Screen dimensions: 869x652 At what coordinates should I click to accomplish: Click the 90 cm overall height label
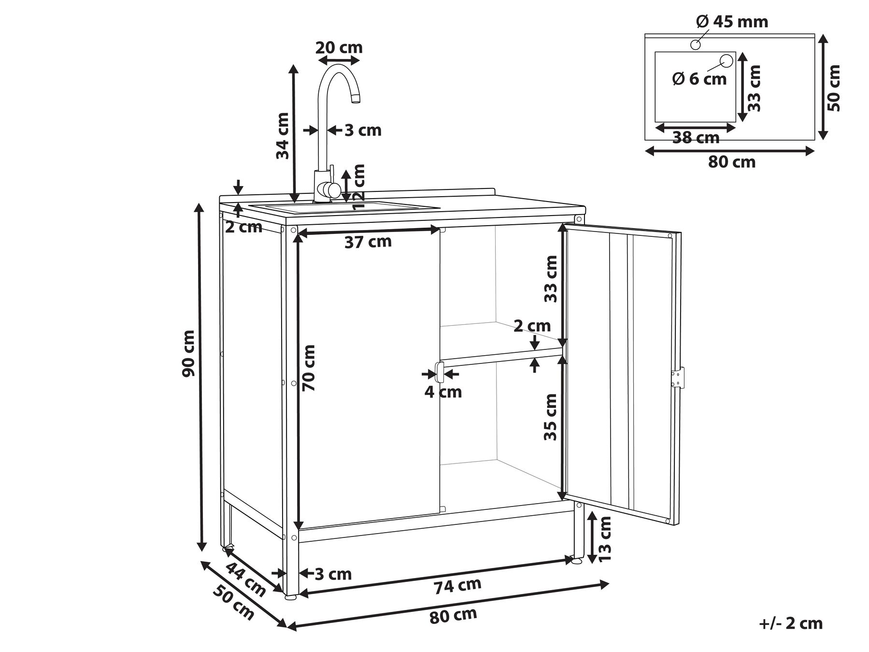tap(188, 353)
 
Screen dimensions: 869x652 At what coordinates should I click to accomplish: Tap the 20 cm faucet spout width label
tap(339, 48)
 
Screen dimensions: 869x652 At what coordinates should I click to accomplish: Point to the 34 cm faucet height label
tap(283, 136)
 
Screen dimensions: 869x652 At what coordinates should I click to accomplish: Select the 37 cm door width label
tap(368, 242)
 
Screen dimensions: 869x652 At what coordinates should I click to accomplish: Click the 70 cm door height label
tap(308, 368)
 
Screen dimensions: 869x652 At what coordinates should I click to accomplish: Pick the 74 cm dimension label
tap(457, 586)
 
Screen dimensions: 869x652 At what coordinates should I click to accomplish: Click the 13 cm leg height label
tap(604, 538)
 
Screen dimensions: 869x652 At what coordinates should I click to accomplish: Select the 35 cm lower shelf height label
tap(551, 417)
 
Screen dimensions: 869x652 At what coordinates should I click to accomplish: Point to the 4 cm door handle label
tap(443, 391)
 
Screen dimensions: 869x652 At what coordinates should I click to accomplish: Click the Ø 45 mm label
tap(732, 22)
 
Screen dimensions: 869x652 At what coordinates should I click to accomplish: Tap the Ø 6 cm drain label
tap(699, 79)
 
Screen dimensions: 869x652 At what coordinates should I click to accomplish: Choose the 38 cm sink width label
tap(696, 138)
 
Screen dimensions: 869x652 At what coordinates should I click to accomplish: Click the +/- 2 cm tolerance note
tap(791, 623)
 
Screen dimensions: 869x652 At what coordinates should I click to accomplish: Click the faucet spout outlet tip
tap(356, 99)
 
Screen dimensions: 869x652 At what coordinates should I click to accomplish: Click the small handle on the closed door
tap(440, 372)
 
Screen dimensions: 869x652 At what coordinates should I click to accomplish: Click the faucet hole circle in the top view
tap(696, 45)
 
